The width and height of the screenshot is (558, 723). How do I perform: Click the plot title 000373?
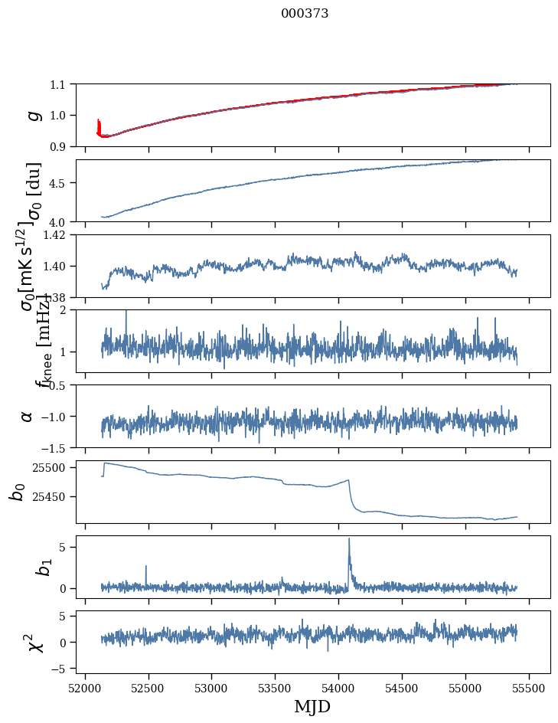[x=305, y=14]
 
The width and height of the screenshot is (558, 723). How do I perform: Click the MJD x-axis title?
[x=312, y=706]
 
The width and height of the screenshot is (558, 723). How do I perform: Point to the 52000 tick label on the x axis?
[x=85, y=685]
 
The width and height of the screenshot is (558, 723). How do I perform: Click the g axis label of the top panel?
[x=32, y=115]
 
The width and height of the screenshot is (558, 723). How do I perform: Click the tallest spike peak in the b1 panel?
[x=349, y=538]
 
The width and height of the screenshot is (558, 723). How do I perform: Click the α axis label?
[x=27, y=416]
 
